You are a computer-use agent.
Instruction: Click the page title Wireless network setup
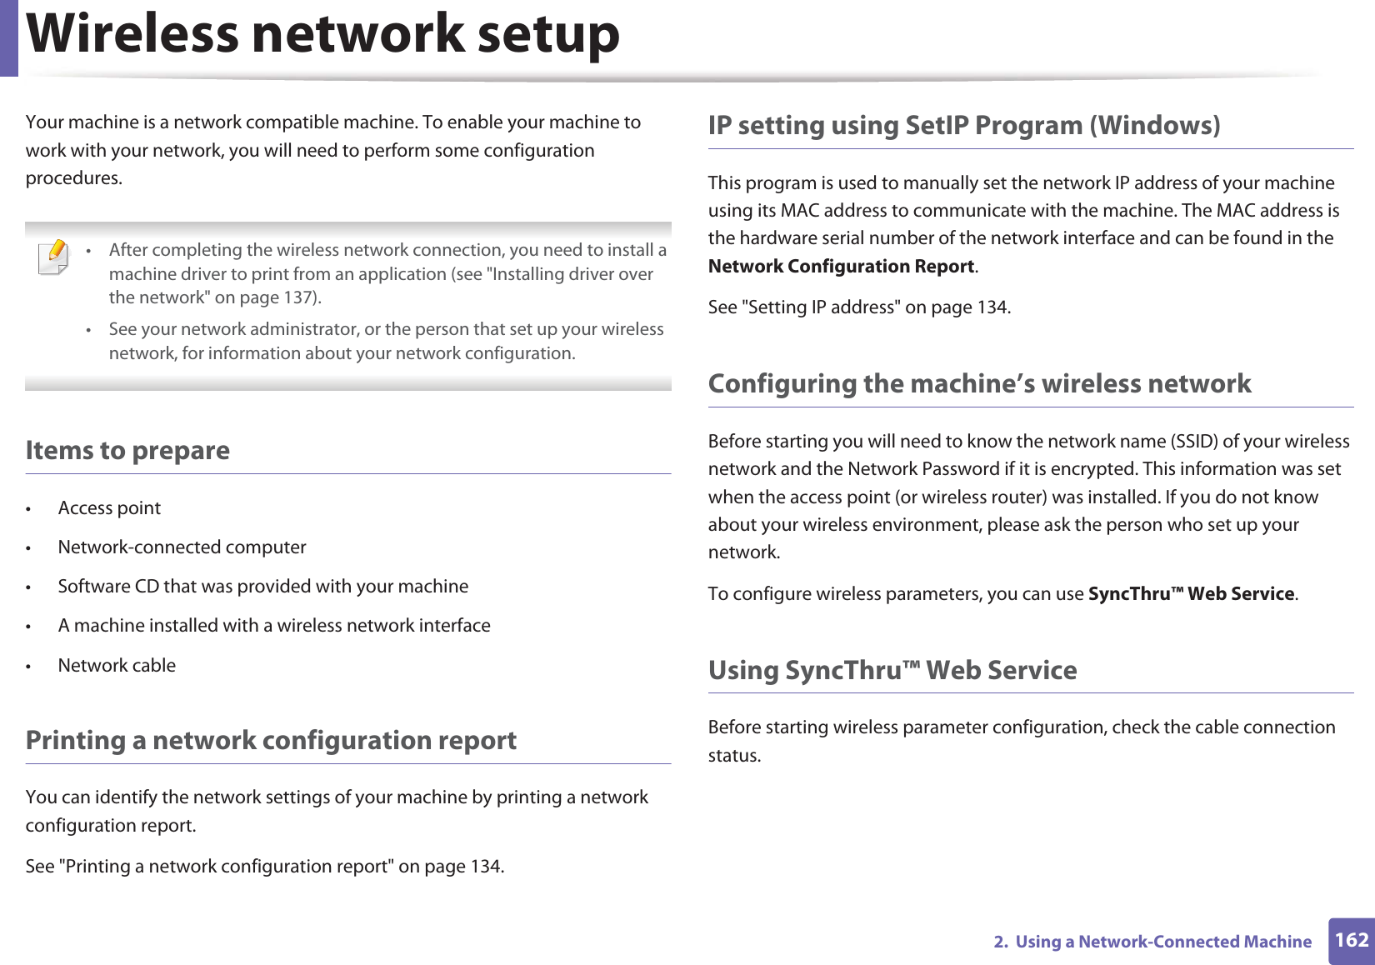[x=323, y=35]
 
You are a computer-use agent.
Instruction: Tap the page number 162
[x=1351, y=940]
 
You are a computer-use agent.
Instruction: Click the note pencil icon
[x=53, y=257]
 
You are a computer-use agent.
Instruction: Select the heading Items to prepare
[x=127, y=451]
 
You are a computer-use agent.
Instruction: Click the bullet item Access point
[x=109, y=508]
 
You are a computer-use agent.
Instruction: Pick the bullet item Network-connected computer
[x=182, y=547]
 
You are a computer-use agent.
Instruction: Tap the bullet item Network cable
[x=117, y=666]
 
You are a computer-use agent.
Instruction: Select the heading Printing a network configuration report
[x=271, y=741]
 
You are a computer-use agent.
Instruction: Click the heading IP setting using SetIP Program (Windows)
[x=963, y=126]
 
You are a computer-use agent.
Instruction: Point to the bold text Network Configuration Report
[x=841, y=267]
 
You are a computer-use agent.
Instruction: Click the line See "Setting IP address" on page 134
[x=859, y=307]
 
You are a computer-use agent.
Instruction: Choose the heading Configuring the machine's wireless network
[x=979, y=384]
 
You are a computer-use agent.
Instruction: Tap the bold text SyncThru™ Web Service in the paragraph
[x=1192, y=594]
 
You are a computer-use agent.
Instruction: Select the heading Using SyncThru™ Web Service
[x=892, y=671]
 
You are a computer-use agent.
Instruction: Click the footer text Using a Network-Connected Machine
[x=1162, y=942]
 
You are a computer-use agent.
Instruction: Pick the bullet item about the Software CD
[x=262, y=587]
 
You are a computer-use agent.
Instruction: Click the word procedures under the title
[x=72, y=178]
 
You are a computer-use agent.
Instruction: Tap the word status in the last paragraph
[x=733, y=756]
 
